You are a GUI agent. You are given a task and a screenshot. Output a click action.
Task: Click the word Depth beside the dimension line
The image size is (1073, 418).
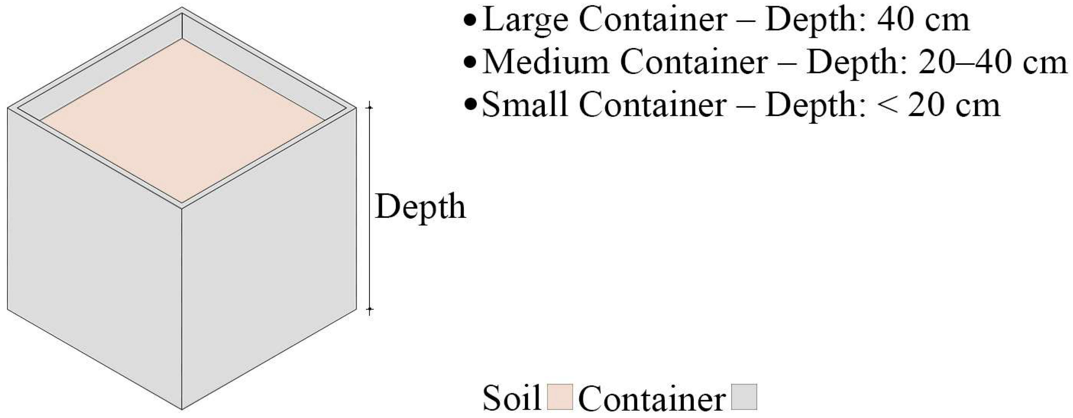pos(420,207)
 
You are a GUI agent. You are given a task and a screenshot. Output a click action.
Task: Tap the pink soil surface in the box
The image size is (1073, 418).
pos(182,121)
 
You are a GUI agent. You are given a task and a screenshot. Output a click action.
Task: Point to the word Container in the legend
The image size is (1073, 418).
pos(652,399)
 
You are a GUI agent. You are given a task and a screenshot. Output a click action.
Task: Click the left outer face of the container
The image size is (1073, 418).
pos(94,258)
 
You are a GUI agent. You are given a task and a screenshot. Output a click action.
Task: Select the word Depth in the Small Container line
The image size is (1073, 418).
pos(810,105)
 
